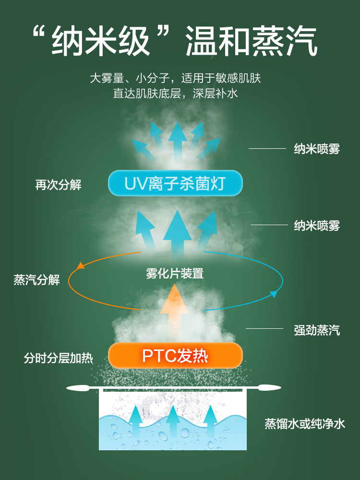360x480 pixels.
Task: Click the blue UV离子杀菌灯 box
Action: pos(175,183)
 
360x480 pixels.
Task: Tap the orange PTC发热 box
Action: pos(175,356)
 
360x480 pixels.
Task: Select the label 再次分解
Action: pos(58,185)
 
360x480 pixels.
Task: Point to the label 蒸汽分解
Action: pos(37,280)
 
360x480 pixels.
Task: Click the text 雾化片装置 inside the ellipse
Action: pos(175,274)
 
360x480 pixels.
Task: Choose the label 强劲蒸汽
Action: pos(317,330)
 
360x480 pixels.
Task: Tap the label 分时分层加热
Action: pos(58,358)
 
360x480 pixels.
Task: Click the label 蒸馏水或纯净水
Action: pos(305,424)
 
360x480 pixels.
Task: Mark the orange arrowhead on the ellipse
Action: pos(81,265)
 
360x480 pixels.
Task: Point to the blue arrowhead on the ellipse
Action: pos(274,294)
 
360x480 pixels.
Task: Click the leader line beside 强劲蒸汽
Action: pos(264,329)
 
